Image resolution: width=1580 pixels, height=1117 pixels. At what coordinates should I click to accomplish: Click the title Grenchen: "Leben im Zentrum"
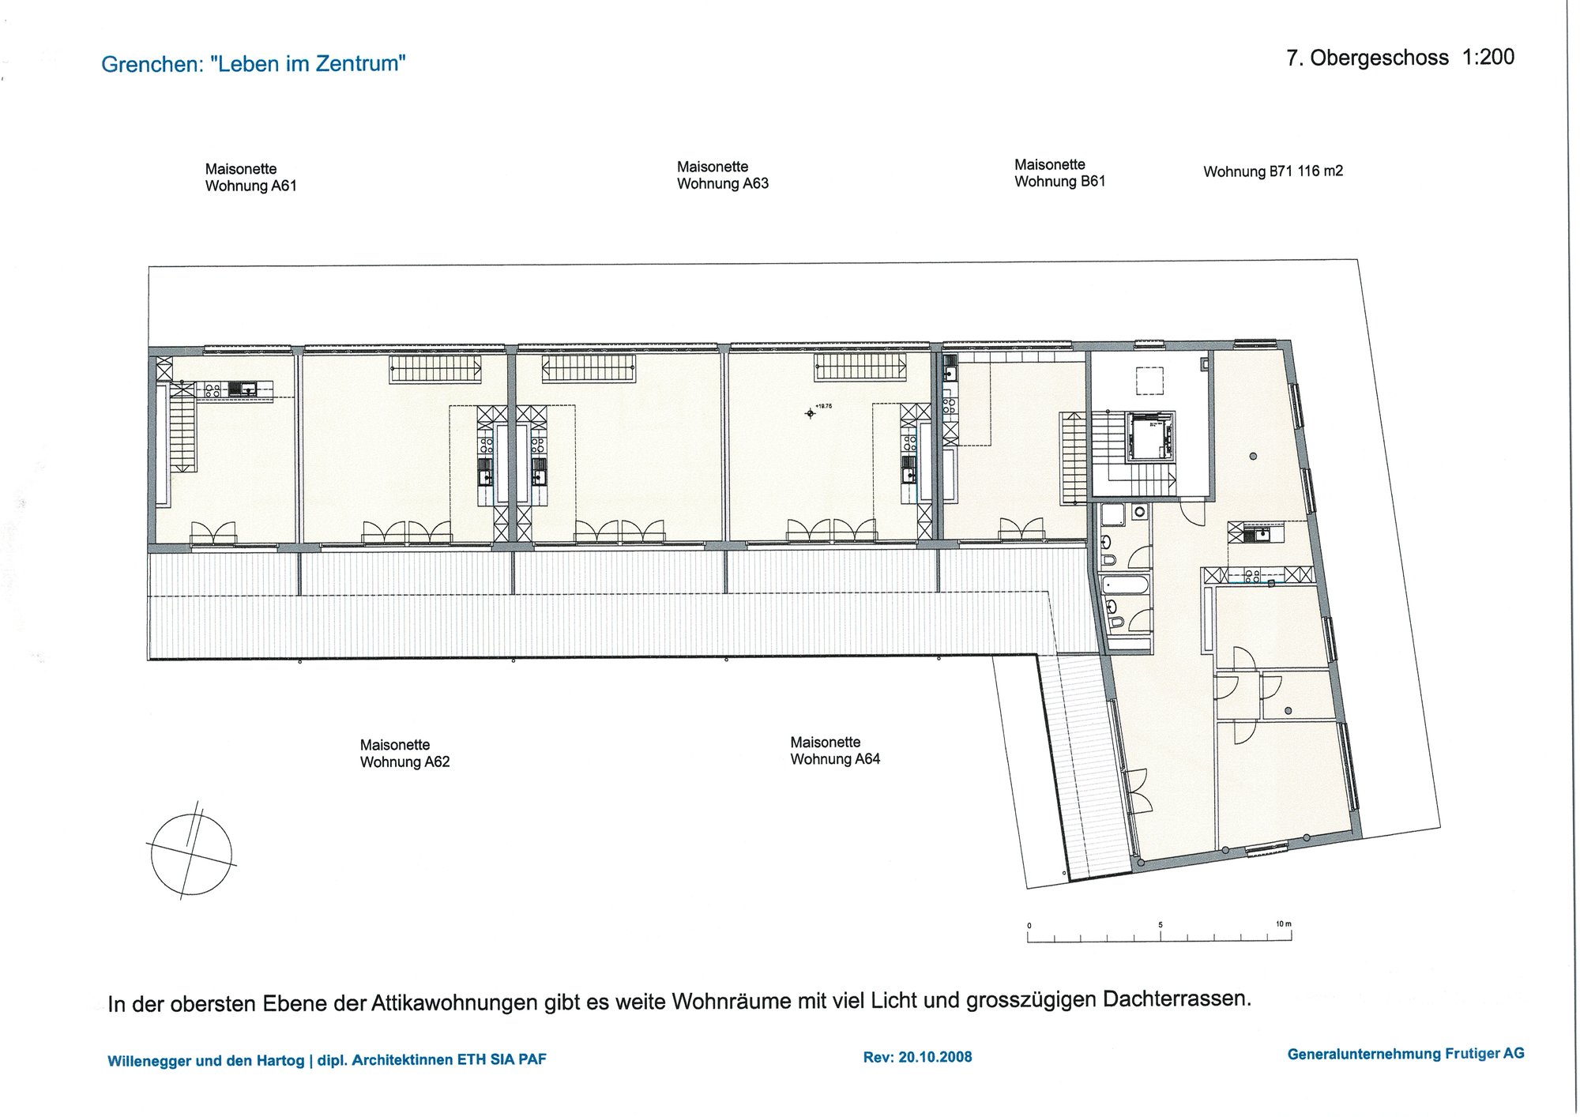[254, 64]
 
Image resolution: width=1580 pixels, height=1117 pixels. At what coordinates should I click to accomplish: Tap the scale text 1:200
[1488, 57]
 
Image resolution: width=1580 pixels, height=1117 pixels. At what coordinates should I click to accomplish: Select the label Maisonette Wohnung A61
[251, 178]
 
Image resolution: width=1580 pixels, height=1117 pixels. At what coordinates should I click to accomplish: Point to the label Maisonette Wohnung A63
[723, 175]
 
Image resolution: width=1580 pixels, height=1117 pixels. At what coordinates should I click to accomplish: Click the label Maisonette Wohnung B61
[1060, 173]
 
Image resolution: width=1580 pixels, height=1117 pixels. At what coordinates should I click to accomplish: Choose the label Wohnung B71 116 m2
[1273, 171]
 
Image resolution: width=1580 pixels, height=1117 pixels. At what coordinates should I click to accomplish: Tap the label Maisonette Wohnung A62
[405, 754]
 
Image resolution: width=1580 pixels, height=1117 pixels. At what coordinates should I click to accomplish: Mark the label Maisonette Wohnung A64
[835, 750]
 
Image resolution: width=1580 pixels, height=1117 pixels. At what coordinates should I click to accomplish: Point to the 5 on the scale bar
[1161, 924]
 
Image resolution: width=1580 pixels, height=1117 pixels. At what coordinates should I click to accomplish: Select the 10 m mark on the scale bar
[1284, 923]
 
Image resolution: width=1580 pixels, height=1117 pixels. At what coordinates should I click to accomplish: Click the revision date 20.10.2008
[935, 1057]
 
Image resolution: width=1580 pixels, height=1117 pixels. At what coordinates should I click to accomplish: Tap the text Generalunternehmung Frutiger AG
[1406, 1054]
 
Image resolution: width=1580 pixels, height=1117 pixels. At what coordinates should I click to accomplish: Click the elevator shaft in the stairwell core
[1149, 437]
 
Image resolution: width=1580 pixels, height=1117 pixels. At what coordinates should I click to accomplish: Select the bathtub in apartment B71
[1126, 586]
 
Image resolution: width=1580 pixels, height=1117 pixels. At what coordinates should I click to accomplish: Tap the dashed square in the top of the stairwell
[1149, 381]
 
